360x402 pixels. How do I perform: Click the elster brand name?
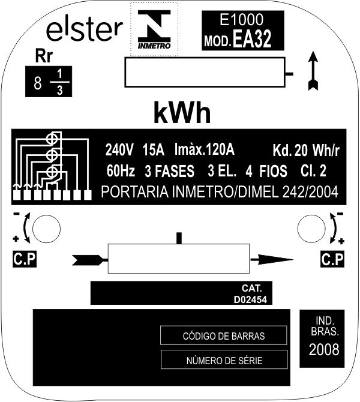85,31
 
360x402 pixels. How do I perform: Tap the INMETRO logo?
154,29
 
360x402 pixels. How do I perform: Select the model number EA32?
252,39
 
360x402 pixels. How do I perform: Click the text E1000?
242,19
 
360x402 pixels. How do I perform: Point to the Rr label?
44,56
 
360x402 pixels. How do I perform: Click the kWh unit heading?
182,113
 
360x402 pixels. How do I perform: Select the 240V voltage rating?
119,150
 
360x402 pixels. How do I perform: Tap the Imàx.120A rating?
205,149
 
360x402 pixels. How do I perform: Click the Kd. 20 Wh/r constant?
306,150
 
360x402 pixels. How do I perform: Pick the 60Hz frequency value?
121,171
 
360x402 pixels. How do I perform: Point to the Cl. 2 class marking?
313,171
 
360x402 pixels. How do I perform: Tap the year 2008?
324,349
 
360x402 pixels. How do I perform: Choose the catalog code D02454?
250,299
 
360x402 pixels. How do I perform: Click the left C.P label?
25,259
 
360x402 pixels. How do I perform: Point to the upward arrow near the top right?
313,71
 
